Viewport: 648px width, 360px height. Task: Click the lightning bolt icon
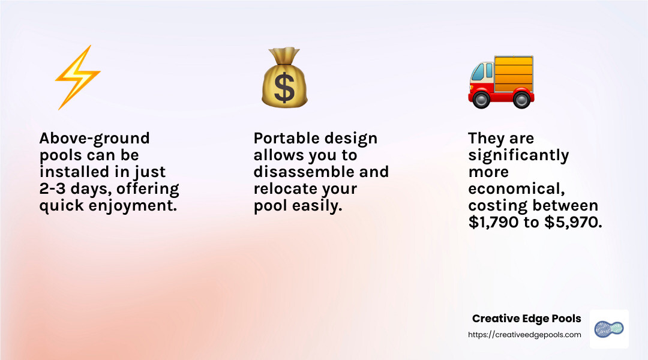click(x=77, y=77)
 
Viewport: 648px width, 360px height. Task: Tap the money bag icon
click(x=284, y=77)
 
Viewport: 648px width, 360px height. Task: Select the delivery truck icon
click(x=501, y=82)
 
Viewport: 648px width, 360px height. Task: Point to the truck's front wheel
click(x=481, y=100)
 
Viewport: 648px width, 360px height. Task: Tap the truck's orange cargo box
click(x=514, y=74)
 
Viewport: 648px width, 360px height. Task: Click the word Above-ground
click(x=95, y=139)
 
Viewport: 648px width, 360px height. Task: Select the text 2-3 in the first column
click(x=53, y=188)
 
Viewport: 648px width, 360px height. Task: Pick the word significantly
click(x=518, y=156)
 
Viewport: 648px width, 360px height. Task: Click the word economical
click(x=517, y=189)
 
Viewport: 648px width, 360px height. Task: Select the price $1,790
click(x=493, y=223)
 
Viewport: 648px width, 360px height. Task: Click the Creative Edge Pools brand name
click(x=527, y=319)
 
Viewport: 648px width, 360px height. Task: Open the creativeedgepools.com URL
click(x=524, y=335)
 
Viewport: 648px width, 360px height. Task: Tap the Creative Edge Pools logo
click(x=609, y=329)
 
